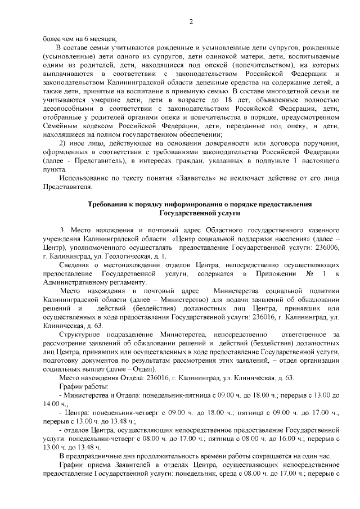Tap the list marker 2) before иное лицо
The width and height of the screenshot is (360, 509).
click(63, 143)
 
